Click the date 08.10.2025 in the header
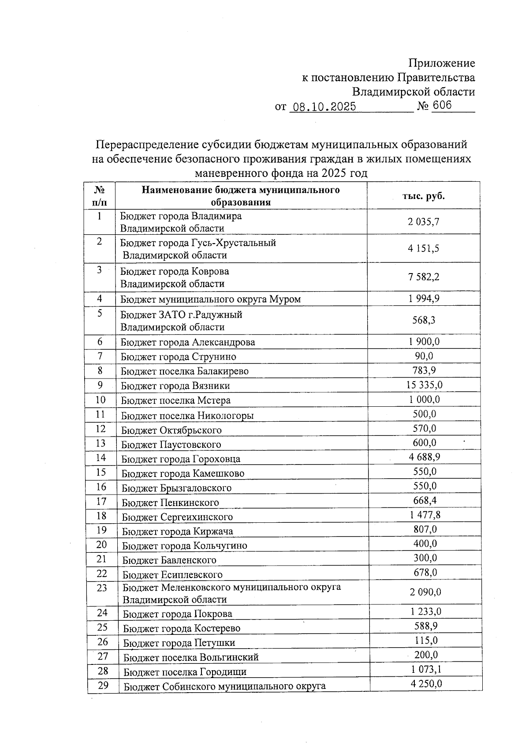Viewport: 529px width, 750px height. pos(324,107)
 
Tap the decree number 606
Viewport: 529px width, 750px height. pos(442,105)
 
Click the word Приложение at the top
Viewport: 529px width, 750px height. pos(442,63)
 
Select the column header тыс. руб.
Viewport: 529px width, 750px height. pos(424,196)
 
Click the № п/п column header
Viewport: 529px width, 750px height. pos(100,196)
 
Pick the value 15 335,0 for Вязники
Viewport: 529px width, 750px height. pos(424,385)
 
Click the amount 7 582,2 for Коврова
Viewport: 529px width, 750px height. pos(424,277)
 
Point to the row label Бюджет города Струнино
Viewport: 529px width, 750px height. pos(179,356)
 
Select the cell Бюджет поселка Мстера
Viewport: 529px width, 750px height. pos(175,400)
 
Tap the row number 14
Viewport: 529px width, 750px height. pos(101,457)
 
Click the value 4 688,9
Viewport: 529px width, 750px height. pos(424,457)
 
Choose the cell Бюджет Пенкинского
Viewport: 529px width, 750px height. pos(170,502)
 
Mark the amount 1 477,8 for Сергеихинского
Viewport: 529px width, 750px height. pos(425,515)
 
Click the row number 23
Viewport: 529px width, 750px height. pos(102,588)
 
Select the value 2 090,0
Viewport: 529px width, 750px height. pos(425,592)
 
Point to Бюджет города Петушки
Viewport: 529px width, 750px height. pos(179,642)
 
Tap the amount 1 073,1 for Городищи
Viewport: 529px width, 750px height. pos(426,670)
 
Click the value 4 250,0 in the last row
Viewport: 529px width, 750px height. pos(426,684)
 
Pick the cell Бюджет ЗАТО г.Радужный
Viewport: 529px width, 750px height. pos(181,315)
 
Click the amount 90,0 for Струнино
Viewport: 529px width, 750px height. pos(424,356)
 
